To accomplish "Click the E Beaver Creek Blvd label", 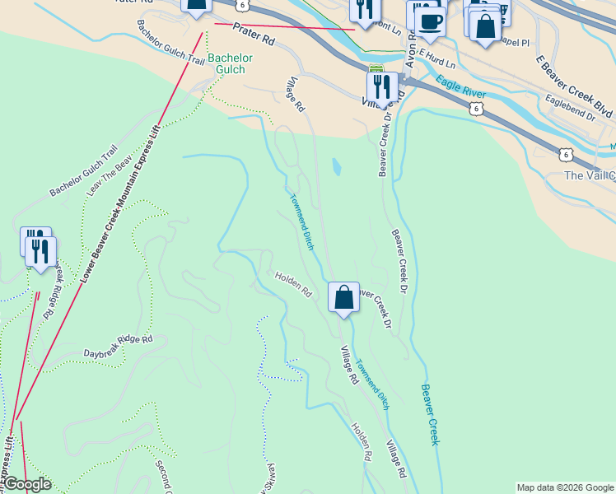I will [x=575, y=86].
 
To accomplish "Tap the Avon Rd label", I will [x=410, y=54].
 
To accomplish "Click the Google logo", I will [x=26, y=484].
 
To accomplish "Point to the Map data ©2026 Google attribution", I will [x=565, y=487].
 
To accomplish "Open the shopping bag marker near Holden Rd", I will [x=343, y=297].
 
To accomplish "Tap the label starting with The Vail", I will [x=589, y=175].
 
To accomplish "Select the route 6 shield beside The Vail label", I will [x=564, y=154].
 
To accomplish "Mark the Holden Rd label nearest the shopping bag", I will [x=293, y=285].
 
